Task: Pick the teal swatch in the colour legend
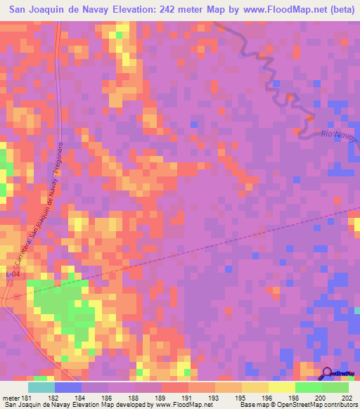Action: (41, 387)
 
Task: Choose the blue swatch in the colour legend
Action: (67, 387)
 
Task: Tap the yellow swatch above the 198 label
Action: (281, 387)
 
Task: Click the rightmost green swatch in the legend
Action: (335, 387)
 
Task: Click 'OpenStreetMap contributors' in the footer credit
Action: (313, 405)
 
